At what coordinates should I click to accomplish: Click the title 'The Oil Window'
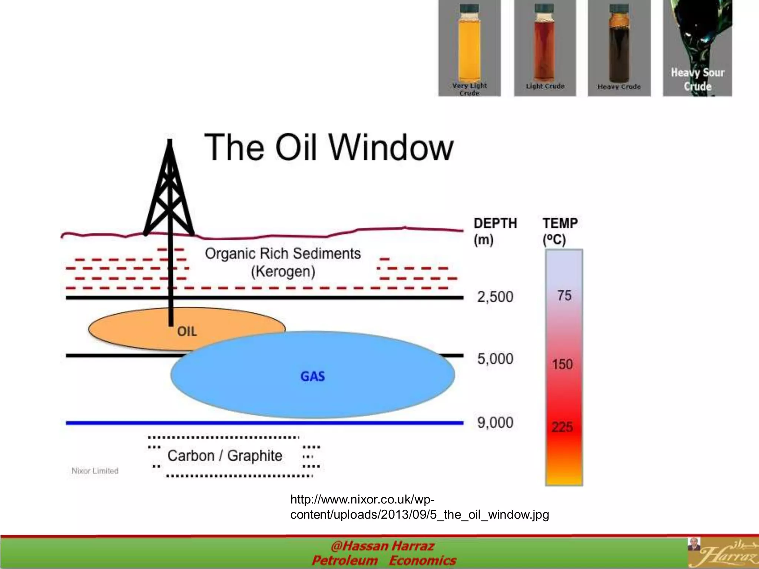pos(329,148)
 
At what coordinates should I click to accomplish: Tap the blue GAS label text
pos(312,376)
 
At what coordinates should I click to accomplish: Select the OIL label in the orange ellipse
pos(187,331)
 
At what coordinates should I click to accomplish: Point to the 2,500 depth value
pos(495,297)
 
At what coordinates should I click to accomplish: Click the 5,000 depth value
pos(495,359)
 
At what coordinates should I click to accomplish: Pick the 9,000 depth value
pos(495,422)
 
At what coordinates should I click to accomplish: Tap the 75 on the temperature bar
pos(564,295)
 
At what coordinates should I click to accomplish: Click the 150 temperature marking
pos(563,364)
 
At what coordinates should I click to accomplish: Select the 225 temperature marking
pos(562,427)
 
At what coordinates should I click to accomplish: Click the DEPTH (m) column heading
pos(495,231)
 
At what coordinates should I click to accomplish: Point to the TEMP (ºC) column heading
pos(560,231)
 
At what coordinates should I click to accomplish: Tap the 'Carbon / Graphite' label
pos(225,456)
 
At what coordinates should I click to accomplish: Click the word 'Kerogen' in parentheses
pos(283,272)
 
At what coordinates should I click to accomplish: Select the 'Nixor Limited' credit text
pos(95,471)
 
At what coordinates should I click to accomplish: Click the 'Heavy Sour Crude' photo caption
pos(697,79)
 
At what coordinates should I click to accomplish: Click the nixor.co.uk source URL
pos(419,507)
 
